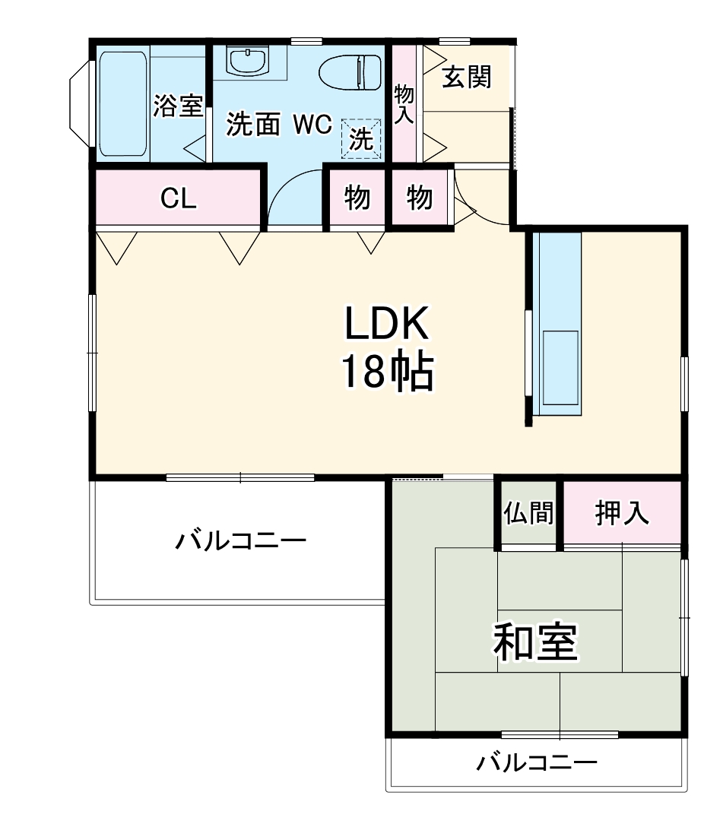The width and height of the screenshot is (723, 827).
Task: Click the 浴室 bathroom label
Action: [178, 106]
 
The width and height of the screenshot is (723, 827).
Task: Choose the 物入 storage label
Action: [404, 104]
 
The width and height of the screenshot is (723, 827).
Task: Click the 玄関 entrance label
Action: [466, 77]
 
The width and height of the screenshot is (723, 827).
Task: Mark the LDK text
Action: [388, 325]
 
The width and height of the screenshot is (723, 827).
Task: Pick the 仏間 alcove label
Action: [528, 514]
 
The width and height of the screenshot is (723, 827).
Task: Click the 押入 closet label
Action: [622, 514]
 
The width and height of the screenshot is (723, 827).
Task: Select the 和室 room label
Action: [536, 642]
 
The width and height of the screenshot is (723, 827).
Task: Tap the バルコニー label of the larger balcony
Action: [241, 541]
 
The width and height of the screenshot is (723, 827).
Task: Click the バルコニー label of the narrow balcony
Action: [537, 762]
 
